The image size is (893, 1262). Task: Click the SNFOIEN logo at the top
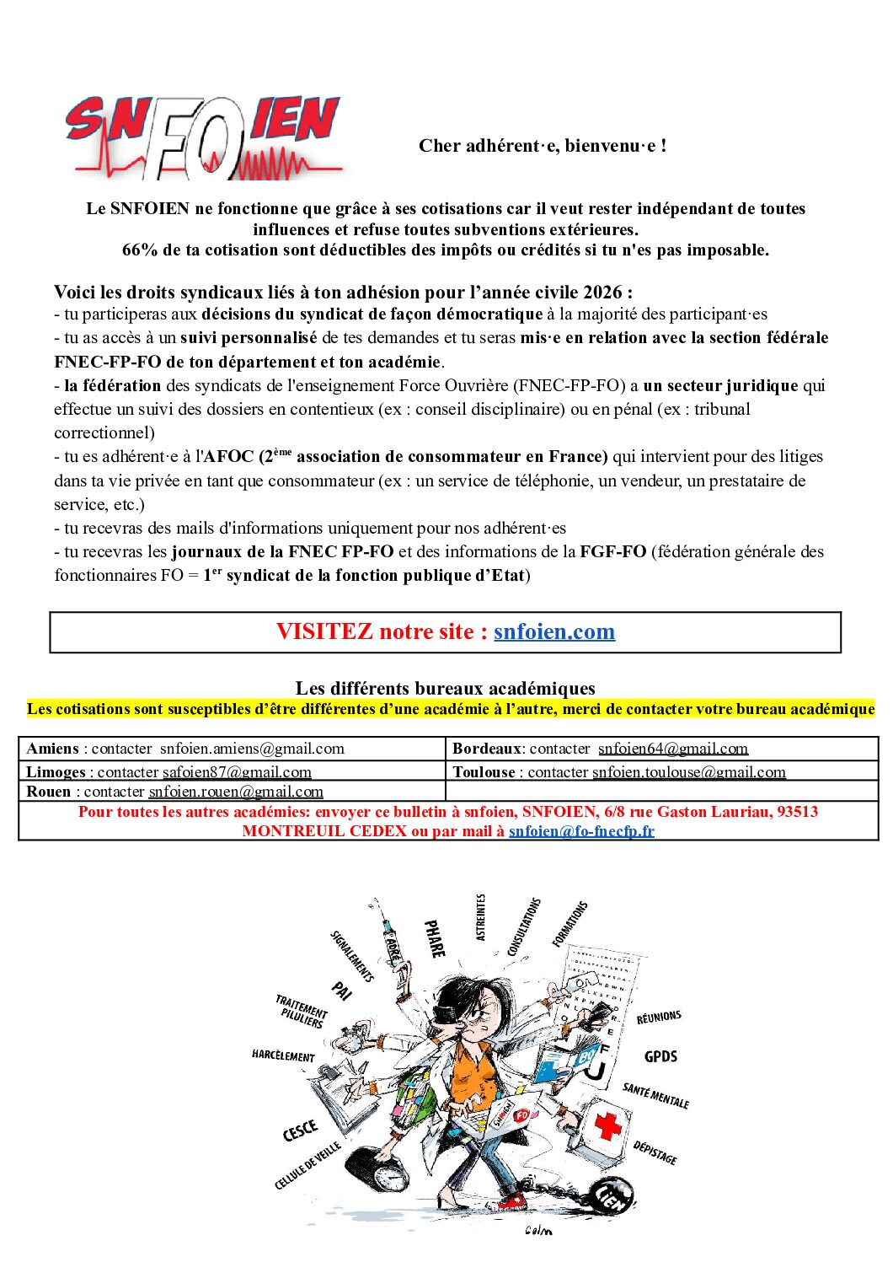coord(204,137)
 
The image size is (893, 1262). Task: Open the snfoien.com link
coord(553,631)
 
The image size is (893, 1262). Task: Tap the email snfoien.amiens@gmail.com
coord(252,749)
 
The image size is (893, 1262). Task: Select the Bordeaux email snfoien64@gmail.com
coord(672,749)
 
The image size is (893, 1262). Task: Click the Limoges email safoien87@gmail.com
coord(237,771)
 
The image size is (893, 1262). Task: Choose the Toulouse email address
coord(688,771)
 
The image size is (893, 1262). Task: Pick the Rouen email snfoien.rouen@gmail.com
coord(236,792)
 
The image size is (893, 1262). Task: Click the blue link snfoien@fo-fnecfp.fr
coord(581,830)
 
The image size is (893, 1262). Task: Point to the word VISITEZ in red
coord(324,631)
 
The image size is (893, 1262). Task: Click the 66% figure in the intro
coord(140,250)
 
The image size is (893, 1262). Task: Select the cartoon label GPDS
coord(660,1056)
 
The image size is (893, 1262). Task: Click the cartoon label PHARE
coord(435,938)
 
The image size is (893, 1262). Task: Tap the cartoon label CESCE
coord(301,1130)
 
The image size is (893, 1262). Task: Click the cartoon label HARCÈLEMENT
coord(283,1055)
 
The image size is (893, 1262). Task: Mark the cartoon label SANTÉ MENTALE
coord(655,1096)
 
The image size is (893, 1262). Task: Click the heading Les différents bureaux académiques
coord(445,688)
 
